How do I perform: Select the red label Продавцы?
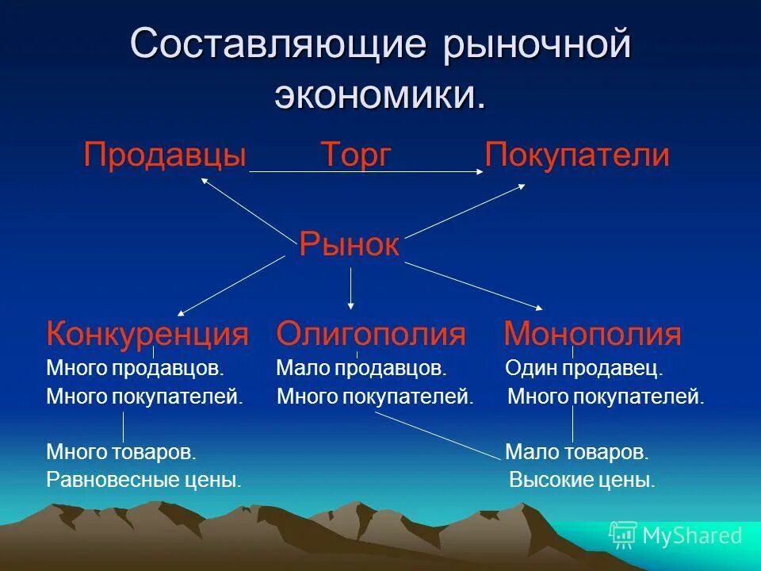[x=165, y=155]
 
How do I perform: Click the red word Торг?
[x=356, y=155]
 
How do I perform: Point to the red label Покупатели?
[x=577, y=155]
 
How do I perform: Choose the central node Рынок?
[x=349, y=245]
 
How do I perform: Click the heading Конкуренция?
[x=147, y=334]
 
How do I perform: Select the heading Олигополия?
[x=371, y=334]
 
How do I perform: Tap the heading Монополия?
[x=592, y=334]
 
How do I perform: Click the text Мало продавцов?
[x=361, y=369]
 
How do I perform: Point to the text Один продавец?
[x=583, y=369]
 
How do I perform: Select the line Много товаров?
[x=120, y=453]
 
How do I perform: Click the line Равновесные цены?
[x=143, y=480]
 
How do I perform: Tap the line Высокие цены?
[x=582, y=480]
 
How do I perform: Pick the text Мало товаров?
[x=577, y=453]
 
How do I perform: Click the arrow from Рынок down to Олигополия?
[x=351, y=288]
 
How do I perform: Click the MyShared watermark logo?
[x=675, y=535]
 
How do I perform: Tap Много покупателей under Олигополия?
[x=375, y=397]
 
